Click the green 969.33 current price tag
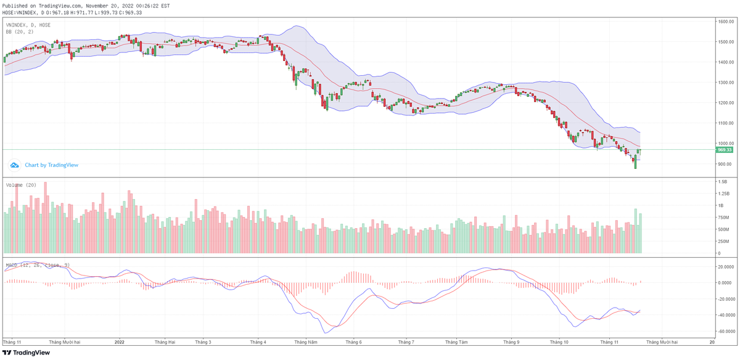point(724,150)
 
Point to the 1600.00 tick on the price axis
point(725,22)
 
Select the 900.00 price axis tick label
point(725,164)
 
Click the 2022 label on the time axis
point(120,341)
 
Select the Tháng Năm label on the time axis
point(306,341)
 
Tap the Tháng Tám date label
point(456,341)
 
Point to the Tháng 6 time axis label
point(353,341)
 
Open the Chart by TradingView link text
point(51,165)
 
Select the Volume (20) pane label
point(22,185)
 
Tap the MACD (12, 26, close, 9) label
point(38,264)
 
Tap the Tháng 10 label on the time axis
point(559,341)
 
